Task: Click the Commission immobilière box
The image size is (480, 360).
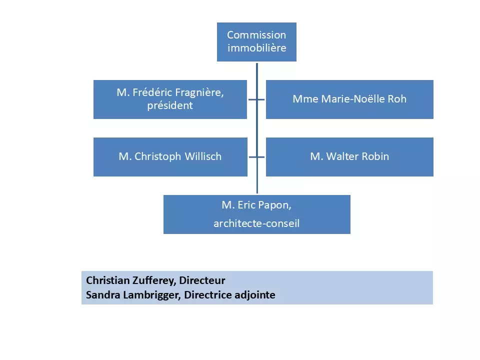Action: click(x=256, y=42)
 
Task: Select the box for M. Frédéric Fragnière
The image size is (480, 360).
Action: click(x=170, y=99)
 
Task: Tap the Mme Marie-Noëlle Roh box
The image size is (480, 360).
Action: click(x=349, y=99)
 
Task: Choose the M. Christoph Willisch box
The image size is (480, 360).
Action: click(x=170, y=156)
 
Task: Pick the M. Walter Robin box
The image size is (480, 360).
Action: click(x=349, y=156)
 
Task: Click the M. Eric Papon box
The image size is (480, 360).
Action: click(x=256, y=214)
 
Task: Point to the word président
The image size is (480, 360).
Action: click(x=170, y=106)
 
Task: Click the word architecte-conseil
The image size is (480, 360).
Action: click(x=256, y=223)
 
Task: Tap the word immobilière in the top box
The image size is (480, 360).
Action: click(x=256, y=48)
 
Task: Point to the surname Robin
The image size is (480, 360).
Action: click(x=374, y=156)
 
